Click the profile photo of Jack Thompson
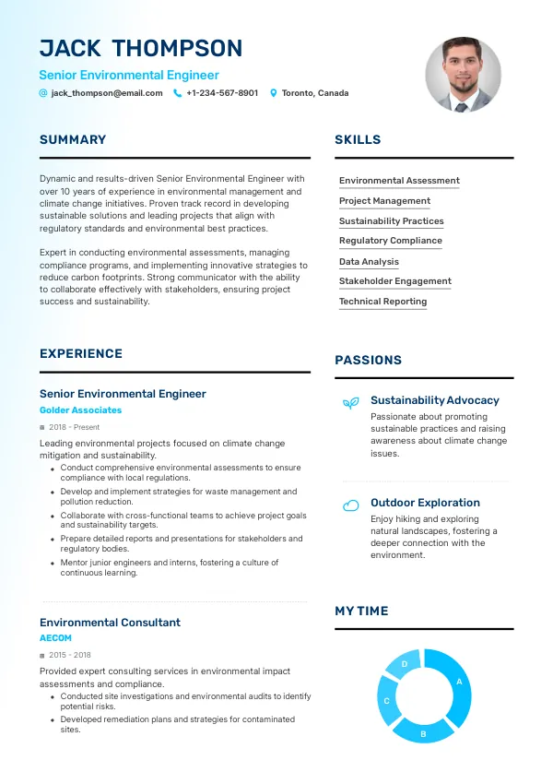(x=463, y=75)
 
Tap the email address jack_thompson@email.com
(x=107, y=93)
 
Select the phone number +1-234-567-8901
(x=222, y=93)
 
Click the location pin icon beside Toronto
(x=273, y=93)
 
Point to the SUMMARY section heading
(x=73, y=140)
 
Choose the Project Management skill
(x=384, y=201)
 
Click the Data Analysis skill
(x=369, y=262)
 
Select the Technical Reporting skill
(x=382, y=302)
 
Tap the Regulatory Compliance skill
(x=390, y=241)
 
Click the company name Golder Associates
(x=80, y=410)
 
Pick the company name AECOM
(x=55, y=638)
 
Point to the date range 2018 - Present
(x=74, y=427)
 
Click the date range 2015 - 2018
(x=69, y=655)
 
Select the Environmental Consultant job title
(x=110, y=623)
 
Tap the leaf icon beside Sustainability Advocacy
(x=350, y=403)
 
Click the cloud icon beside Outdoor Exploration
(x=350, y=505)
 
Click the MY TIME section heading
(x=361, y=611)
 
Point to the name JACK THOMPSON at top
(x=141, y=49)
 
